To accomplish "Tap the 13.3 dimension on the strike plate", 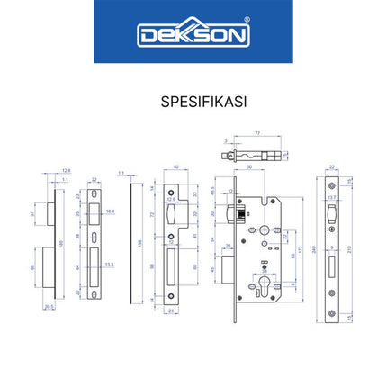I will [110, 265].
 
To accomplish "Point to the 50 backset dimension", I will [249, 168].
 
